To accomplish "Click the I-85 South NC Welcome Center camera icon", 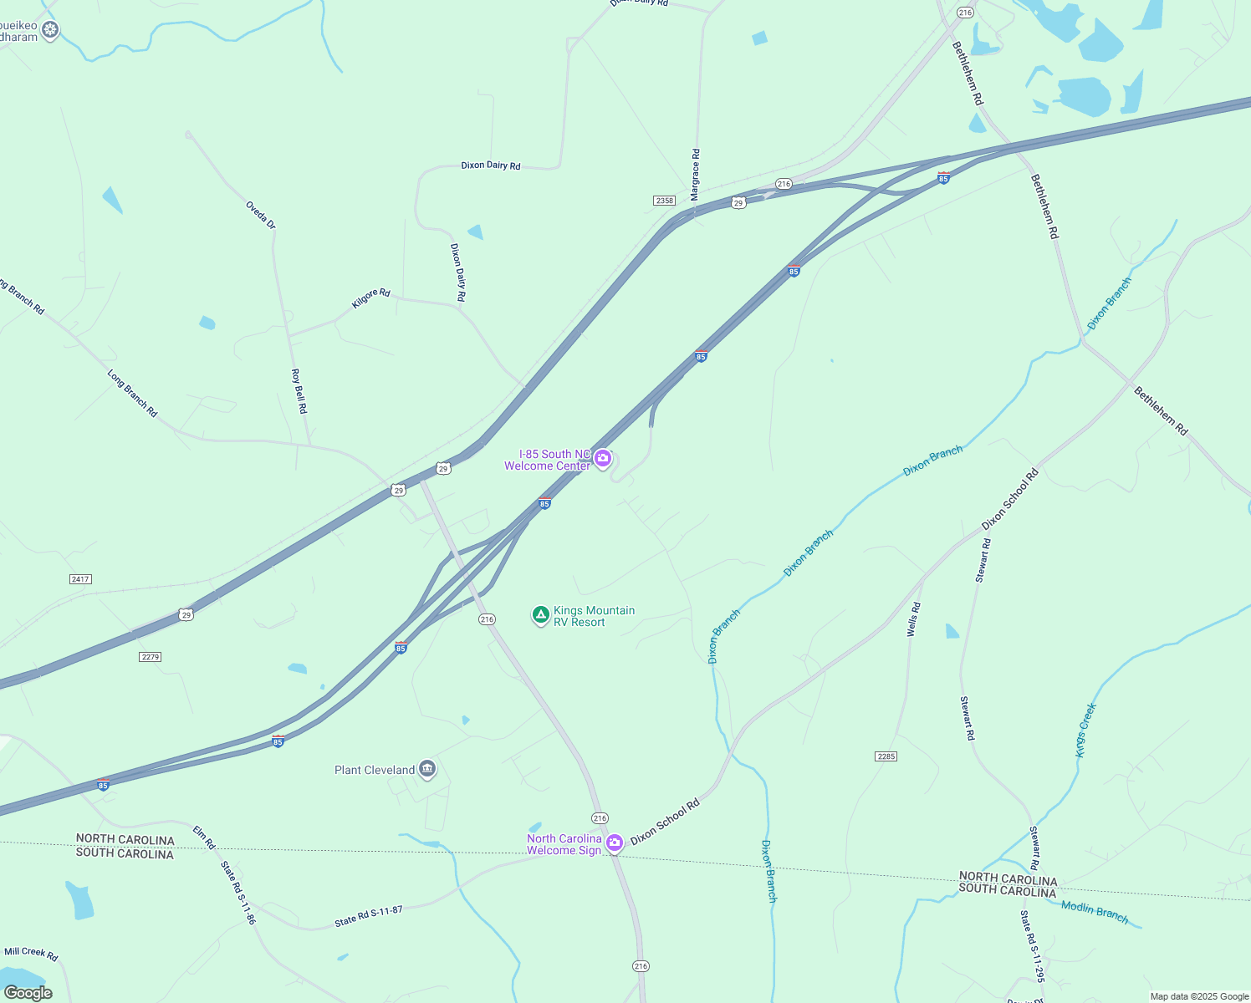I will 602,458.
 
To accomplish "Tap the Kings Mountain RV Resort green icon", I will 541,616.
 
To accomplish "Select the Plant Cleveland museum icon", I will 427,769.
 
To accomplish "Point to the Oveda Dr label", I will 260,215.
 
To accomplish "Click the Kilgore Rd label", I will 370,298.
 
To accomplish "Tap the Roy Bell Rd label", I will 299,391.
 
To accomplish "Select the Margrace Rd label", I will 695,175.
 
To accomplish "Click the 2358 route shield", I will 664,201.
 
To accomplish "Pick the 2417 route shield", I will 80,579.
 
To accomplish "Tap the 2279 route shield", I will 150,657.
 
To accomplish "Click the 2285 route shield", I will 886,756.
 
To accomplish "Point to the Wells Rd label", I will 914,619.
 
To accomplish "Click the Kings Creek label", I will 1085,731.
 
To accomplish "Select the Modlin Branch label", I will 1095,912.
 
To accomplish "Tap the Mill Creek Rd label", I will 31,953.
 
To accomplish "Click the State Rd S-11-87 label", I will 369,916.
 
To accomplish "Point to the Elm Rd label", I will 204,837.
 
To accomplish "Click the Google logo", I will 28,993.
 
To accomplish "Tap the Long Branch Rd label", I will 132,393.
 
